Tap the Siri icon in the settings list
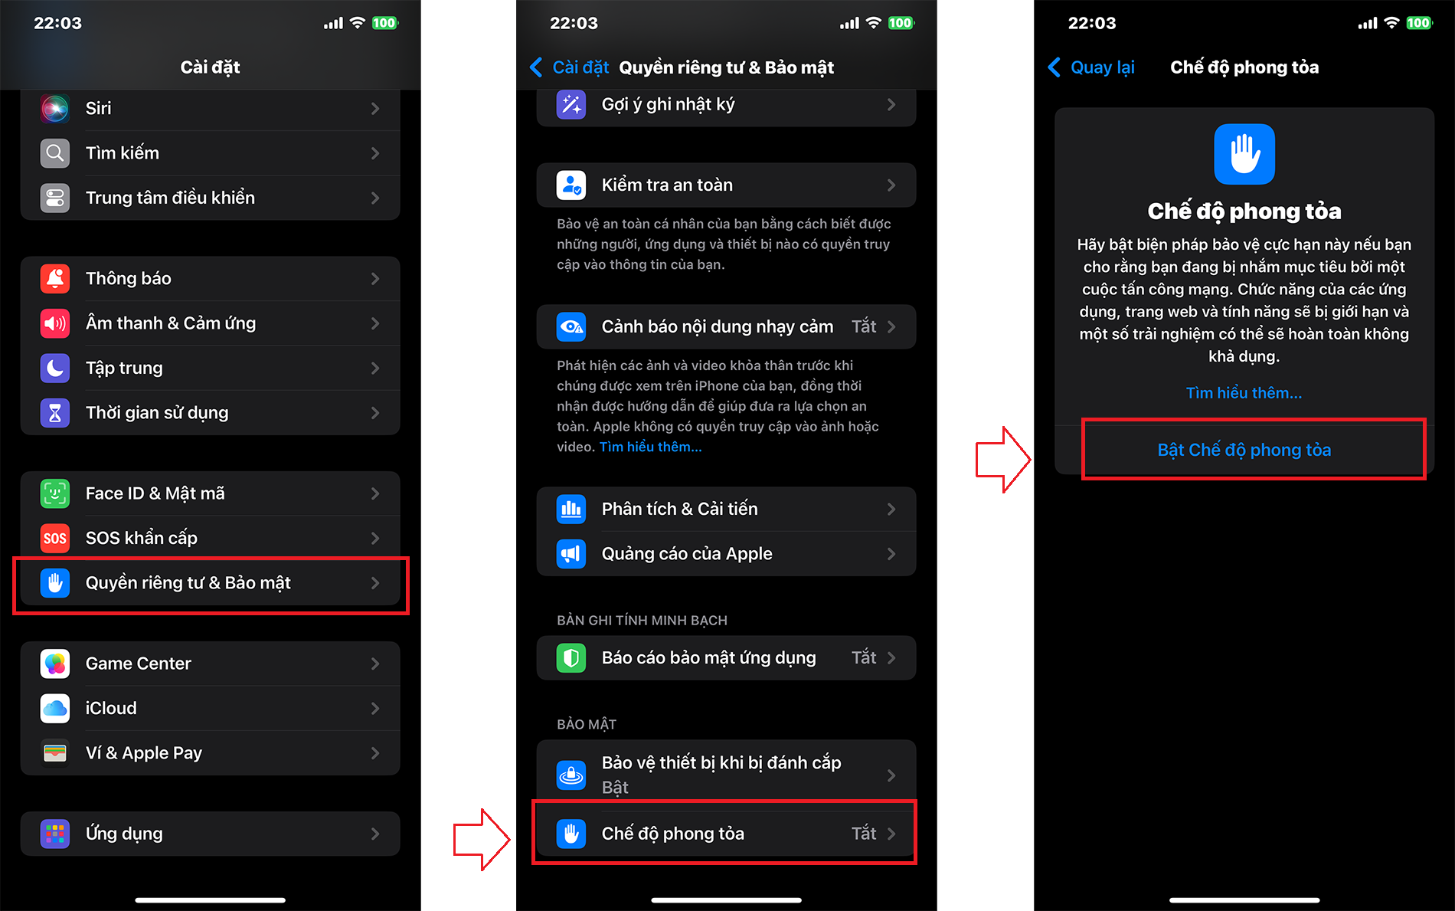55,108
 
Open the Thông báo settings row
210,279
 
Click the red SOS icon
55,538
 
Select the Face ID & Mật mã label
155,493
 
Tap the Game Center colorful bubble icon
55,664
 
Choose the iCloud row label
111,708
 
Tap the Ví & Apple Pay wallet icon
55,753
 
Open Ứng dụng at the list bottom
210,834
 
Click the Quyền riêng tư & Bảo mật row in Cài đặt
210,583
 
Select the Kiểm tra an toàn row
726,185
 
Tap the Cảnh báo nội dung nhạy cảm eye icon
571,327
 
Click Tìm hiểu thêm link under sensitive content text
650,447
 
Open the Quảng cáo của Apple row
726,554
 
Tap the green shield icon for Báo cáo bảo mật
571,658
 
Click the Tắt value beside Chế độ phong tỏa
864,834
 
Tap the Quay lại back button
1091,67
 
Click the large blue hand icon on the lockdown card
1244,154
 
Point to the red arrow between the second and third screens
1003,460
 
